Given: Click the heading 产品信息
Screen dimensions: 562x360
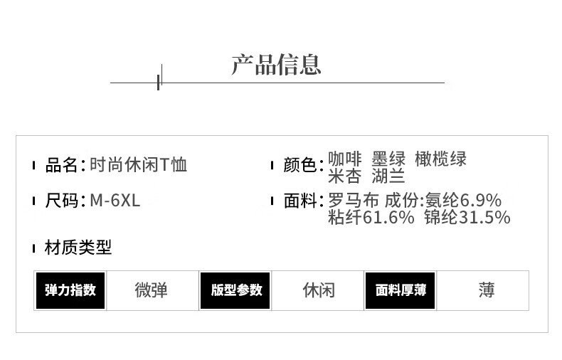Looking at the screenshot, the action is [x=276, y=64].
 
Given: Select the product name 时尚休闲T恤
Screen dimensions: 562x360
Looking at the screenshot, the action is [x=139, y=166].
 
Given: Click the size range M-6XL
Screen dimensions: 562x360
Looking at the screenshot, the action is [x=115, y=201].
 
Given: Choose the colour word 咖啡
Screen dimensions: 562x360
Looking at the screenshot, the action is [x=344, y=159].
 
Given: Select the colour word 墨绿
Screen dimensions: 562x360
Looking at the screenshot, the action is [x=388, y=159].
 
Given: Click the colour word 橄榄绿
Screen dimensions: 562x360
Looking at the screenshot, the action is [x=441, y=159].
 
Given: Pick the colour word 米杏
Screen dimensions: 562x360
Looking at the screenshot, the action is [x=344, y=176].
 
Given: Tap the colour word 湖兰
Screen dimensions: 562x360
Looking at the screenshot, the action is [x=388, y=176].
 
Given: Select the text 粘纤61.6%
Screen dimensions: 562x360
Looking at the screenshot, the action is [x=371, y=218].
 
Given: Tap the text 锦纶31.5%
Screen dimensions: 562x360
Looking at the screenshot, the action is [x=467, y=218].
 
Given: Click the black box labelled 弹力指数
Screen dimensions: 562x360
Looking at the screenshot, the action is [x=70, y=290].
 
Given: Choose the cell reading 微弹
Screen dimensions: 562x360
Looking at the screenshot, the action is [x=152, y=290].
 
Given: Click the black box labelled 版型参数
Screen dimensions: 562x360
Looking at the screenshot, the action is [x=236, y=290].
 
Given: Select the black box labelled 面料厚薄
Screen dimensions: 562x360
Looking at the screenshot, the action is [x=401, y=290].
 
